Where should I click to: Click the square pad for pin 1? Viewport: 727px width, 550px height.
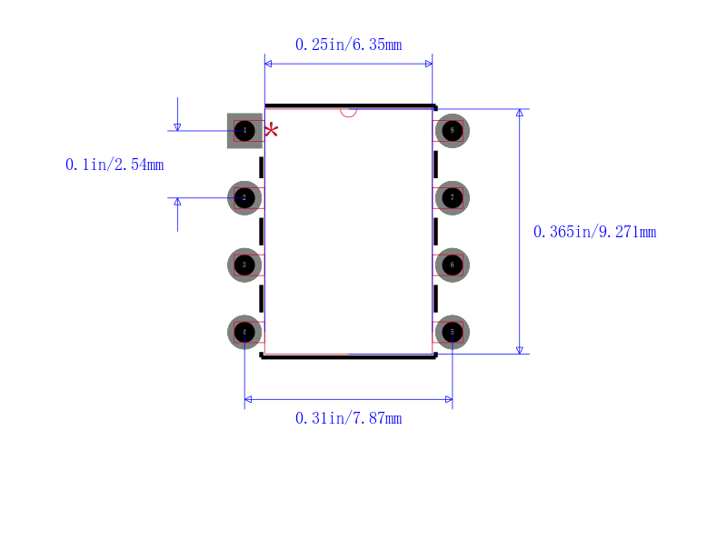[x=244, y=131]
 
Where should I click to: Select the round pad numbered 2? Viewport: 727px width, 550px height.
[x=244, y=198]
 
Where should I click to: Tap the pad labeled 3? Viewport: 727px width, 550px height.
[x=244, y=265]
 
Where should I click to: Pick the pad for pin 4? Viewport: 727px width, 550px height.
[x=244, y=332]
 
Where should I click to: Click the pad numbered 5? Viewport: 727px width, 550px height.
[x=453, y=332]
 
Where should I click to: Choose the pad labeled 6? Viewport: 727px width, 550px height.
[x=453, y=265]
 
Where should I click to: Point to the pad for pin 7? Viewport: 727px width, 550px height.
[x=453, y=198]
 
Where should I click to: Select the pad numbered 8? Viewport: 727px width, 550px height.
[x=453, y=131]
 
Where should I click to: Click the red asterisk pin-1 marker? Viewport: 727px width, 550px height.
[x=271, y=130]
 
